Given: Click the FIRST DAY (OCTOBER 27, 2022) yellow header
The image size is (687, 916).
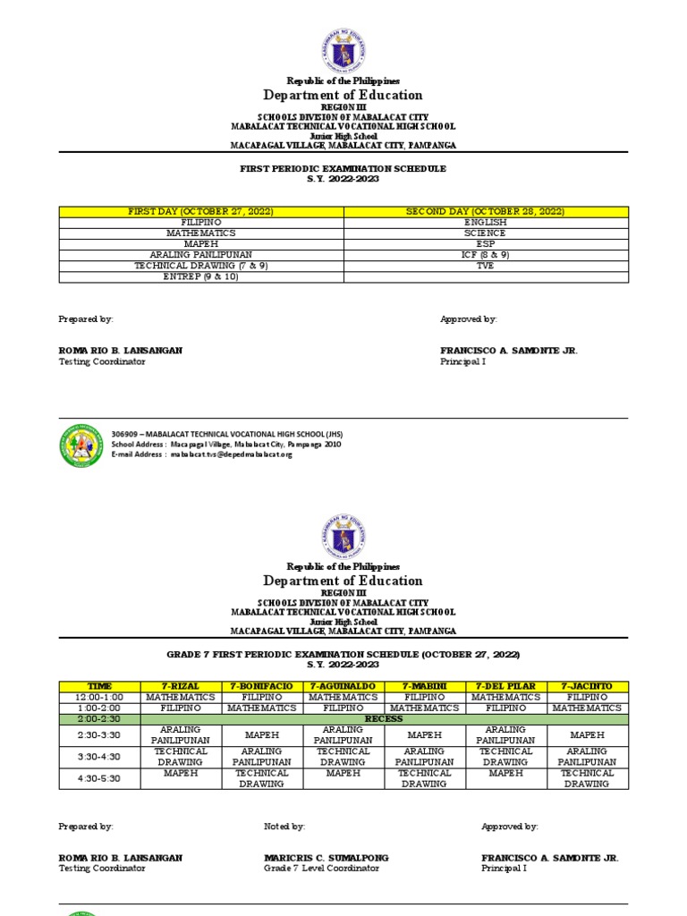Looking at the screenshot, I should (x=201, y=211).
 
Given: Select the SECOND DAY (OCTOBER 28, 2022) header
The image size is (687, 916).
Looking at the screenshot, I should (x=486, y=211).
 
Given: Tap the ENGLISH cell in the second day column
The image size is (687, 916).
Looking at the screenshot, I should (x=486, y=222).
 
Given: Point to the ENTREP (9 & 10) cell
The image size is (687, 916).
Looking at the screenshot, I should (x=201, y=277).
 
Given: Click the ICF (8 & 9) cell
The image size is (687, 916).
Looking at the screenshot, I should (x=486, y=255).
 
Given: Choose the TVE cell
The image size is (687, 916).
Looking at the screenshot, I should (x=486, y=266).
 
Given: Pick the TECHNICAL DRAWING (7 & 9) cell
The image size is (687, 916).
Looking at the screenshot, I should (x=201, y=266).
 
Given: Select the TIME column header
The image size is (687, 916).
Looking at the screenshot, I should (x=98, y=686).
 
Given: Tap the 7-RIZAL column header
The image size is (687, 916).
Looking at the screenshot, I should (x=181, y=686).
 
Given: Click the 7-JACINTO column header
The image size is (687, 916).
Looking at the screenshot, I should (x=587, y=686).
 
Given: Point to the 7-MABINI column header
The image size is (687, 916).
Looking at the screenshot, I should (x=424, y=686).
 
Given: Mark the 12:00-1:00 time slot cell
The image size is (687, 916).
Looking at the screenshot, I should (x=98, y=697).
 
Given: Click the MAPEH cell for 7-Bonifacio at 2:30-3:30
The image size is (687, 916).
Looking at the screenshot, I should (x=262, y=734).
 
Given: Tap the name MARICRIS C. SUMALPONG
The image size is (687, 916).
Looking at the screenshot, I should (x=327, y=858).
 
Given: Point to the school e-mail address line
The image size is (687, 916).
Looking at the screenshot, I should (x=201, y=454).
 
